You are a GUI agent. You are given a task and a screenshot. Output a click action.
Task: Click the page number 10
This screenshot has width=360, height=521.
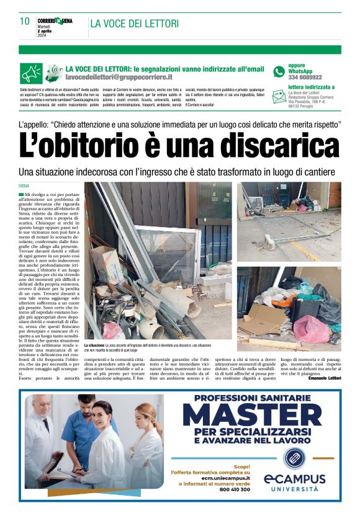(25, 21)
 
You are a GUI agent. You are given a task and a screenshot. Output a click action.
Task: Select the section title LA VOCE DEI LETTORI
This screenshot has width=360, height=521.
(135, 24)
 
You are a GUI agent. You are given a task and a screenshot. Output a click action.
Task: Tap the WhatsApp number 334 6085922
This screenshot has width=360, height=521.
(305, 78)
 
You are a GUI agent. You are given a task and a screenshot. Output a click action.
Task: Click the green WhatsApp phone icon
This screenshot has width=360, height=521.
(279, 71)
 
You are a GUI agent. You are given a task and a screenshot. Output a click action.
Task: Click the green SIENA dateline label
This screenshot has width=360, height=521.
(24, 186)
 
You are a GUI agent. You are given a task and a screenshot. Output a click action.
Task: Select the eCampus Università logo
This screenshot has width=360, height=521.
(294, 474)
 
